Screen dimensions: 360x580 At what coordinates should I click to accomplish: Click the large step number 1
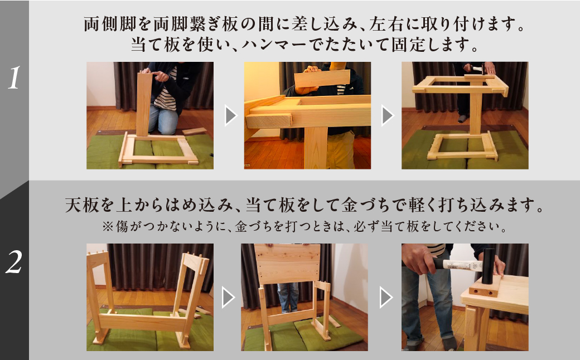click(14, 79)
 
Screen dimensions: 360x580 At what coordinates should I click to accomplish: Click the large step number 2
click(14, 262)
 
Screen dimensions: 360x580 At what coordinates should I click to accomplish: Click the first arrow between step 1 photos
click(229, 116)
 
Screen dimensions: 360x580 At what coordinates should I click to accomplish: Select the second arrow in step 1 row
click(386, 116)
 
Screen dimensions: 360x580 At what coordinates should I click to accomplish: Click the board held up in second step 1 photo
click(322, 79)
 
